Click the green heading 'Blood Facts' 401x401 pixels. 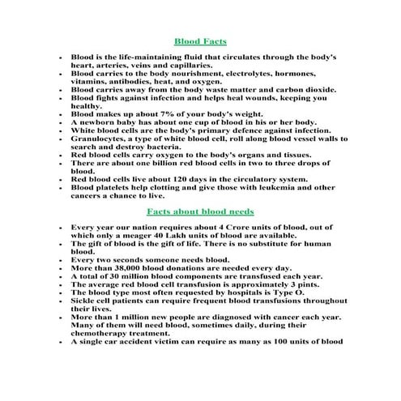tap(200, 41)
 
